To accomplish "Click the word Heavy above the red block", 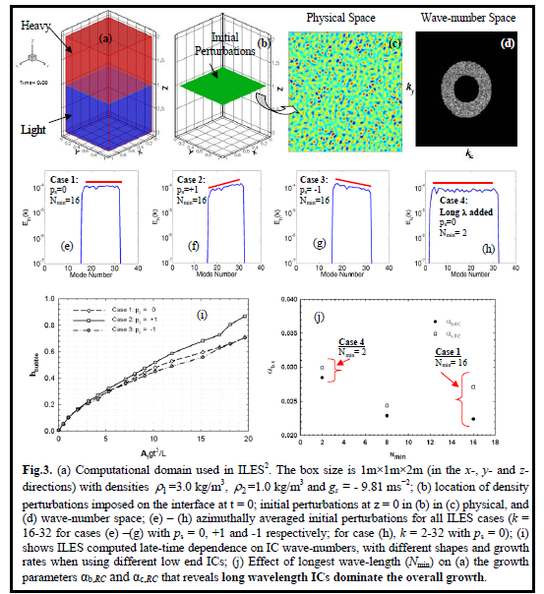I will click(30, 20).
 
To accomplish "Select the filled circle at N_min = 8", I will click(387, 415).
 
